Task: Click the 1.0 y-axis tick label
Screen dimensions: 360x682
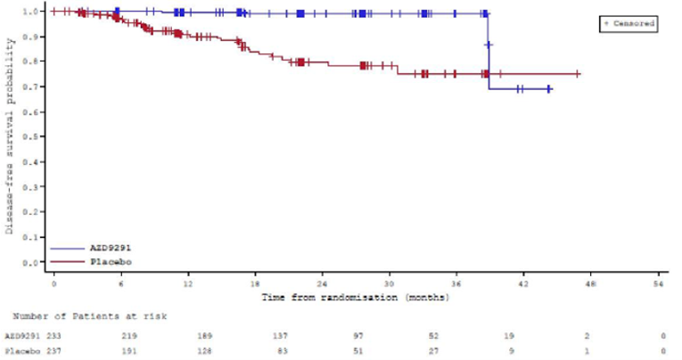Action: tap(37, 12)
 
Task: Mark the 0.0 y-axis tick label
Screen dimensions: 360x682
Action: tap(37, 263)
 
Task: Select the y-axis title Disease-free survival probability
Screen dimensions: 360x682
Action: tap(12, 138)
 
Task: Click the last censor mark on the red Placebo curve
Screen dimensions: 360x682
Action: tap(578, 74)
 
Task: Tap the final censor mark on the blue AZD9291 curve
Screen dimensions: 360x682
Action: tap(549, 88)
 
